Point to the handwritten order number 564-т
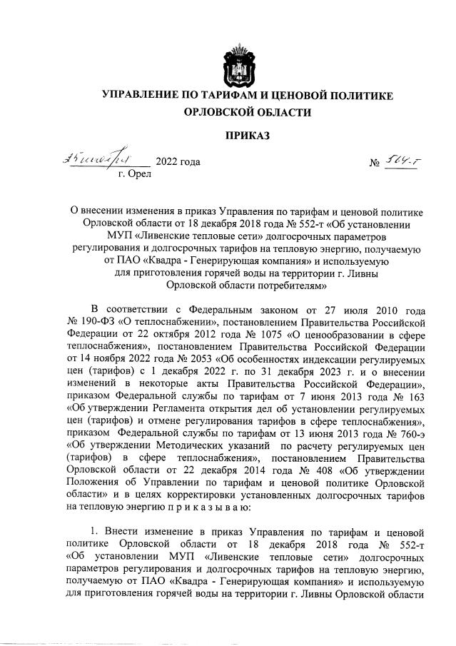[x=403, y=161]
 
